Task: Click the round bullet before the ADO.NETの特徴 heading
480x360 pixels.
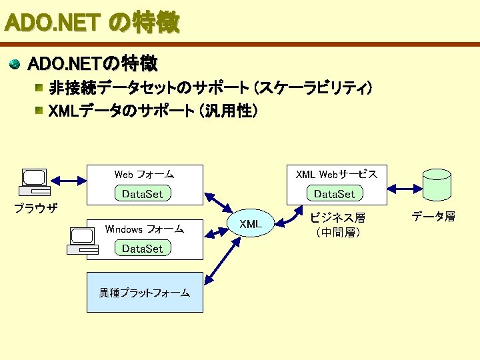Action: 14,64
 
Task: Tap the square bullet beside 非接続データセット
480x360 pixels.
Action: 41,88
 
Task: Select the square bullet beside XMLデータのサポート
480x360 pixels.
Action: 41,111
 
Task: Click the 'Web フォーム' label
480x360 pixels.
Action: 144,175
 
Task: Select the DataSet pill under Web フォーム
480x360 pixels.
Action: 143,194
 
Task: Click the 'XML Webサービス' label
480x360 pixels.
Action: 336,175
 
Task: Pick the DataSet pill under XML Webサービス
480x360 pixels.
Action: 335,194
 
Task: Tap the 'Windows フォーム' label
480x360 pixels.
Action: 144,229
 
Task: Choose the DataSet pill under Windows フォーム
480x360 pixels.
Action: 143,249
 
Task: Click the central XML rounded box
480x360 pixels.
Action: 251,224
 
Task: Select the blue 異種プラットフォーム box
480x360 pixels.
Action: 145,292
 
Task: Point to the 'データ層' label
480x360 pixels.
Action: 433,217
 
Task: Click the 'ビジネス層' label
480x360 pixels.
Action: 338,218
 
